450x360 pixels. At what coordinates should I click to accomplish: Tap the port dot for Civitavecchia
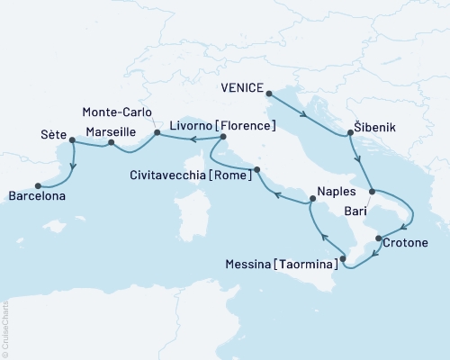[257, 169]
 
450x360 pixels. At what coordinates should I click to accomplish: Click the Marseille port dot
[111, 142]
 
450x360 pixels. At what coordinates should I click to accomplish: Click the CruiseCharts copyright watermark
[5, 328]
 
